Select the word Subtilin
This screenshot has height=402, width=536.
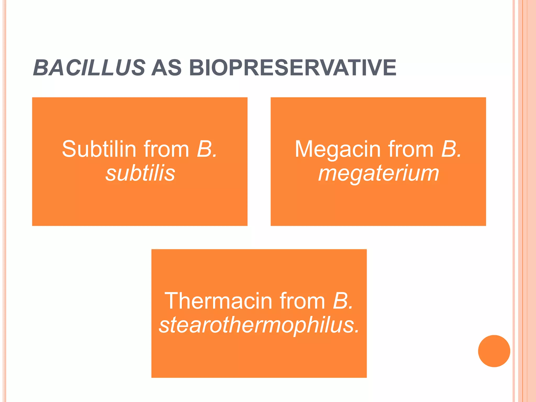tap(99, 149)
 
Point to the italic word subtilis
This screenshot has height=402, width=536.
tap(140, 173)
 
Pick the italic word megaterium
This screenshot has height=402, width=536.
tap(378, 173)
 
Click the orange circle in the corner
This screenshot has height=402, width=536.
tap(494, 351)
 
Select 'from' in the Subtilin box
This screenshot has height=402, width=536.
tap(166, 149)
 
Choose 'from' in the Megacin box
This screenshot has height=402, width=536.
tap(411, 149)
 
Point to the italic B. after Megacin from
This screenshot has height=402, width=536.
tap(451, 149)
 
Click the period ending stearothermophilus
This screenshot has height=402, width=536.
tap(357, 331)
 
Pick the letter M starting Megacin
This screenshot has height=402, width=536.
tap(304, 149)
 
